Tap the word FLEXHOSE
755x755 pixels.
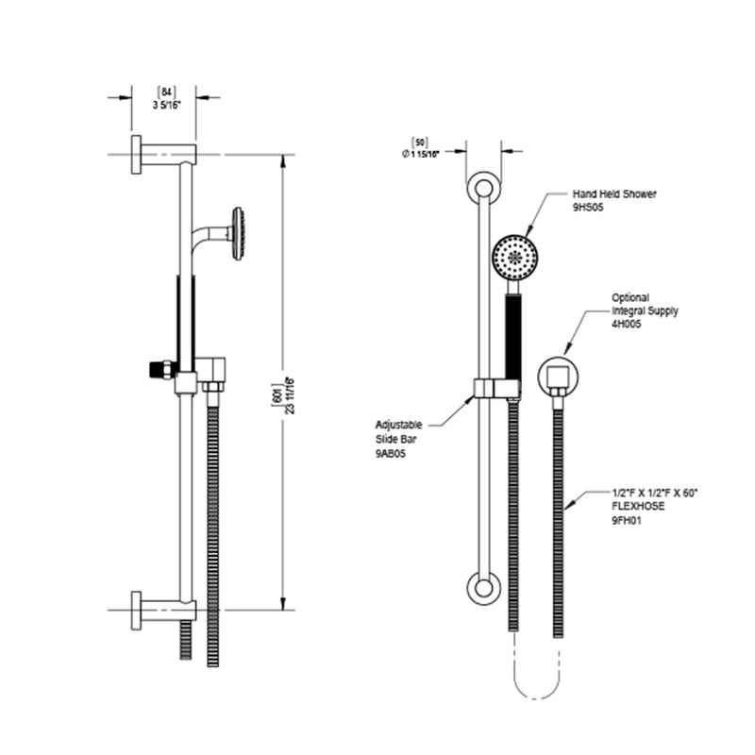[x=633, y=506]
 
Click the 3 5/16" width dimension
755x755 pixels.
[x=166, y=104]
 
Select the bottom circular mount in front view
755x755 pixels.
[x=482, y=587]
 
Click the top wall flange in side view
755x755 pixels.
[x=138, y=155]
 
